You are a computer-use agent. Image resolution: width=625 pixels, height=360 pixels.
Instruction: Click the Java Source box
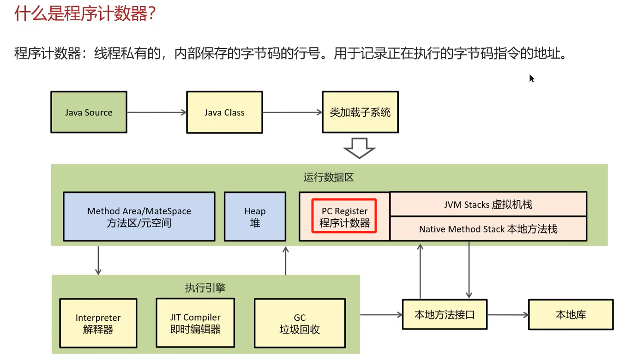click(x=89, y=112)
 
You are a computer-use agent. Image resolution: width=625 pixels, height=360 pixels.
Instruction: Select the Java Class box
click(x=224, y=112)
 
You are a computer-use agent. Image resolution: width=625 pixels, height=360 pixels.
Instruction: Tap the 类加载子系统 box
click(x=360, y=112)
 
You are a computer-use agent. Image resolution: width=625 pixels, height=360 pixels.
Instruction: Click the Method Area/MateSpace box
click(x=139, y=217)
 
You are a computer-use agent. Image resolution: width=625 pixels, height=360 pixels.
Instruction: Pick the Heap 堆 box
click(x=255, y=217)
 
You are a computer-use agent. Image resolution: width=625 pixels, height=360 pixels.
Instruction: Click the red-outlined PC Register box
click(x=344, y=216)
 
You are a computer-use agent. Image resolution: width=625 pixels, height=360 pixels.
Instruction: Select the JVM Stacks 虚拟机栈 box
click(x=488, y=204)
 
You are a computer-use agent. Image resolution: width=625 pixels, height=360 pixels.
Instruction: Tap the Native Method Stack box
click(x=488, y=229)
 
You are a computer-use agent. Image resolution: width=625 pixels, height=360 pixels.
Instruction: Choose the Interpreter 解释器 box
click(x=98, y=323)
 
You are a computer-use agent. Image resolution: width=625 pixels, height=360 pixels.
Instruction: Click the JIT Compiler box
click(x=195, y=323)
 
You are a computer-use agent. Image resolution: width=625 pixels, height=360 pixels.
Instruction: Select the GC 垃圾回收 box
click(x=300, y=323)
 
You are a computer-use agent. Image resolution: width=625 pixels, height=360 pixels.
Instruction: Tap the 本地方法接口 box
click(x=445, y=315)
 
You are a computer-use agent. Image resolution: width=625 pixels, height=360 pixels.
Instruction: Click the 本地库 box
click(x=571, y=315)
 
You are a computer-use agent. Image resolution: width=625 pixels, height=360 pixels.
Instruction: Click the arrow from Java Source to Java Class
click(x=156, y=112)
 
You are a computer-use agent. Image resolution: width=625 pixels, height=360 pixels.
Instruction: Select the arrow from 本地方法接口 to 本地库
click(x=508, y=315)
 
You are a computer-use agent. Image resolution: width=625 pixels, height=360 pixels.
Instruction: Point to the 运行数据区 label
click(x=329, y=177)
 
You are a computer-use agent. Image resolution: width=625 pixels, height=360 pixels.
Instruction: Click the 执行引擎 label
click(x=205, y=288)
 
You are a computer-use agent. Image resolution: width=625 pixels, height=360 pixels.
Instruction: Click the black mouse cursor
click(x=532, y=78)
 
